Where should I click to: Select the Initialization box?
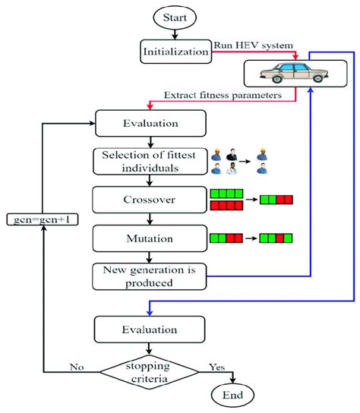click(x=175, y=52)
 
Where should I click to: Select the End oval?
click(x=232, y=396)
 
